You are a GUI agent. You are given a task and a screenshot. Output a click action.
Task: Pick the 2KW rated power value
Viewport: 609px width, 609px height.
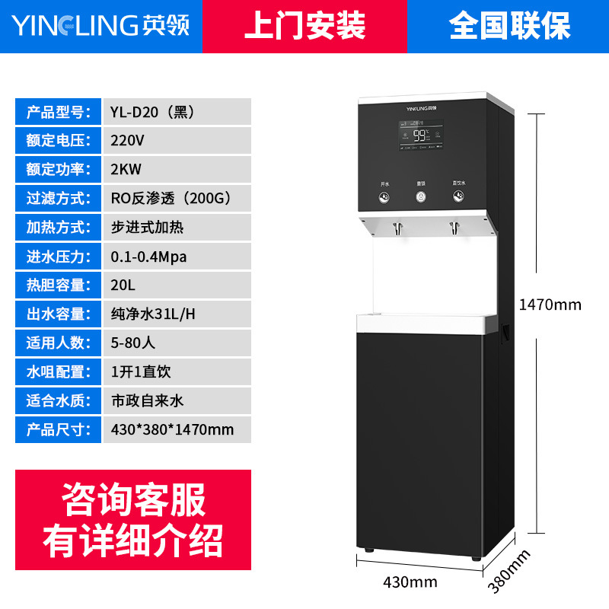coord(126,170)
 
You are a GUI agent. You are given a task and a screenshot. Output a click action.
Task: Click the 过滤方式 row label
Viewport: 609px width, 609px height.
coord(59,199)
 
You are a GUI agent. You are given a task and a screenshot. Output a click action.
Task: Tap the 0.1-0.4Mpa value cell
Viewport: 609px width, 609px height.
coord(149,257)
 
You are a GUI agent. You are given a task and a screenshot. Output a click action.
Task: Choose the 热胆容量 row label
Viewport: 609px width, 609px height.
coord(59,285)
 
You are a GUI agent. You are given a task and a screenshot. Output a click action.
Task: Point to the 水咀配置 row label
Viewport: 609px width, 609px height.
coord(59,371)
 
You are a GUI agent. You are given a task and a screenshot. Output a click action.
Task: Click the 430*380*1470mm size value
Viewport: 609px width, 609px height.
coord(172,429)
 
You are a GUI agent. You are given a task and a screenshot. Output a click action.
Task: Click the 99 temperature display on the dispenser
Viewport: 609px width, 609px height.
coord(420,136)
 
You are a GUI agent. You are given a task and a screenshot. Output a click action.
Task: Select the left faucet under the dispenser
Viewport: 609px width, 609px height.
coord(397,227)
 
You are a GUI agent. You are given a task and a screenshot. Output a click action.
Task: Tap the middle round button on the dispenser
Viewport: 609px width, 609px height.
coord(420,197)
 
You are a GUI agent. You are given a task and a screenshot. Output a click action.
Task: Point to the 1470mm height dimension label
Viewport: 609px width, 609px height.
coord(550,305)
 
